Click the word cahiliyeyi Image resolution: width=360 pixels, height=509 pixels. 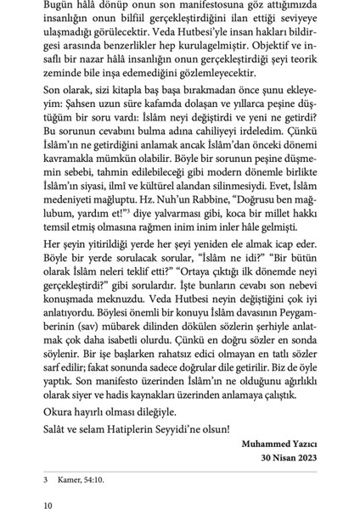[221, 132]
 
